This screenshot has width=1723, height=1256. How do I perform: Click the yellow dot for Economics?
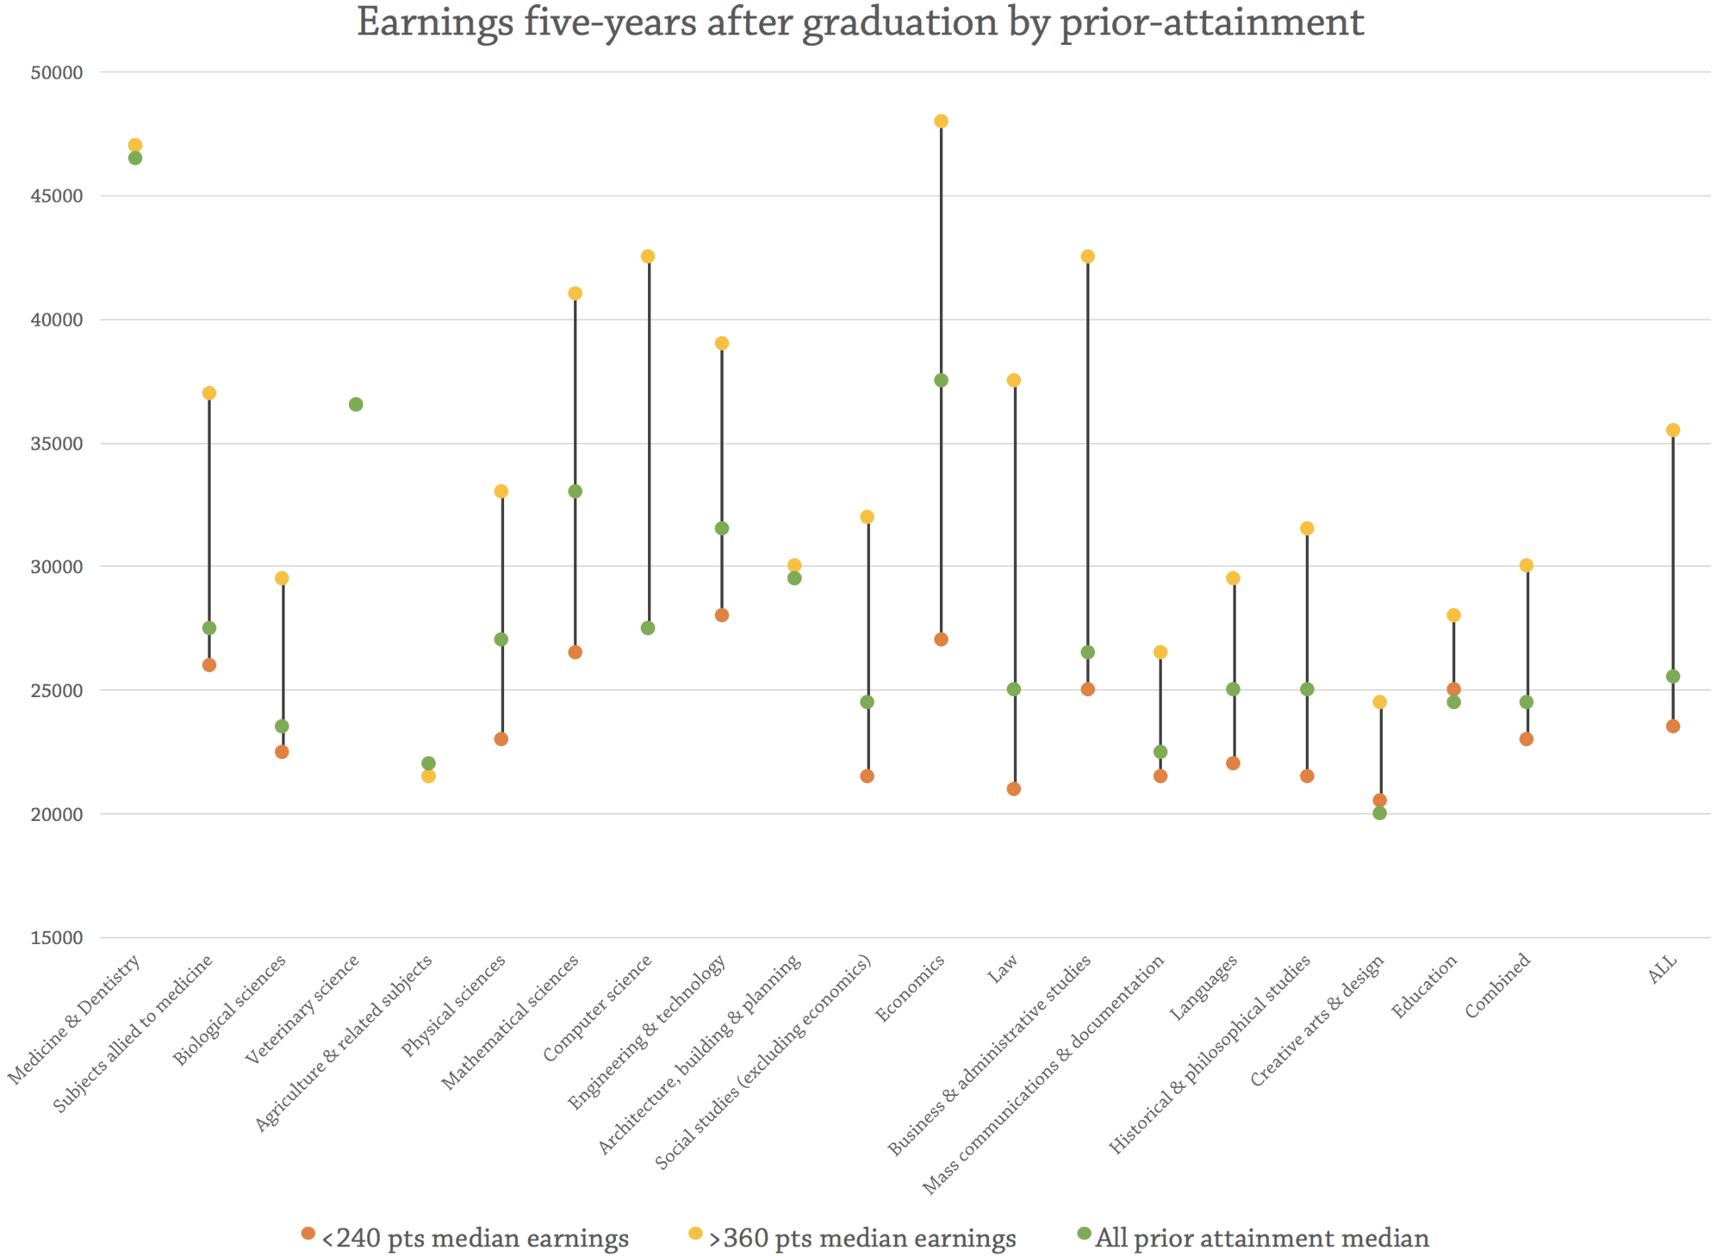point(941,121)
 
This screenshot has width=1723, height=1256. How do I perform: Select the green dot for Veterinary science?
point(356,405)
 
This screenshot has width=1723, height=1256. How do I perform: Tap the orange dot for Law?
point(1014,789)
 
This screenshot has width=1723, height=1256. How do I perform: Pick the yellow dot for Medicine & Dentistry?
point(135,146)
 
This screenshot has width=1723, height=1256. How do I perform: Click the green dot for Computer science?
point(648,628)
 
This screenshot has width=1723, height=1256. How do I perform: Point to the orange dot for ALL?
point(1673,726)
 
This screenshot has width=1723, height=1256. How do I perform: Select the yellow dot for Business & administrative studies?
point(1087,257)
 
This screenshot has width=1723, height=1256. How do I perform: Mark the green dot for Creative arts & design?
point(1379,813)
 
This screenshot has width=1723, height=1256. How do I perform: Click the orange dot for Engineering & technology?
point(722,615)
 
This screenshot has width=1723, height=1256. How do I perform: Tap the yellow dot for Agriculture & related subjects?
point(428,776)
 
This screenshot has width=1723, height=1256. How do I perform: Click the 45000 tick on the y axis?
point(57,196)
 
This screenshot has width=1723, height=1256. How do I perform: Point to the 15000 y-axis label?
point(57,938)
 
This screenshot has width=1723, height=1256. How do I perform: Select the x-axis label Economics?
point(911,988)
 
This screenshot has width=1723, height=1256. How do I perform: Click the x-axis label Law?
point(1003,969)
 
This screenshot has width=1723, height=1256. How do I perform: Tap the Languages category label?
point(1204,987)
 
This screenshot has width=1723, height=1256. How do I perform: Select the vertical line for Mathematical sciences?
point(575,396)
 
